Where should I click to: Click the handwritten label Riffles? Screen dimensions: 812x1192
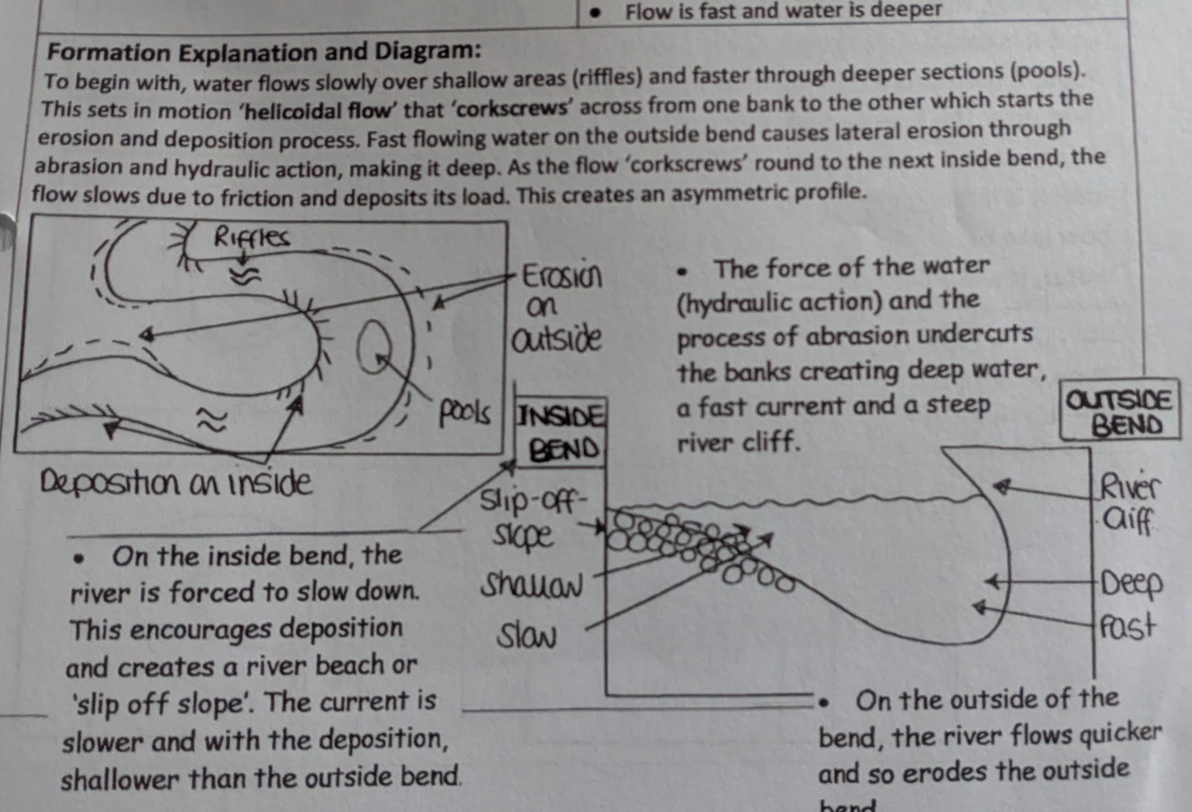pyautogui.click(x=251, y=238)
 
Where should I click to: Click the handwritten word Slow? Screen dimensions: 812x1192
pyautogui.click(x=526, y=636)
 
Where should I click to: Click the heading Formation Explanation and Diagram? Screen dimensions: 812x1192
pyautogui.click(x=264, y=52)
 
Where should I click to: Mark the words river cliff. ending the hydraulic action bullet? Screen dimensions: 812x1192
pyautogui.click(x=739, y=442)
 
